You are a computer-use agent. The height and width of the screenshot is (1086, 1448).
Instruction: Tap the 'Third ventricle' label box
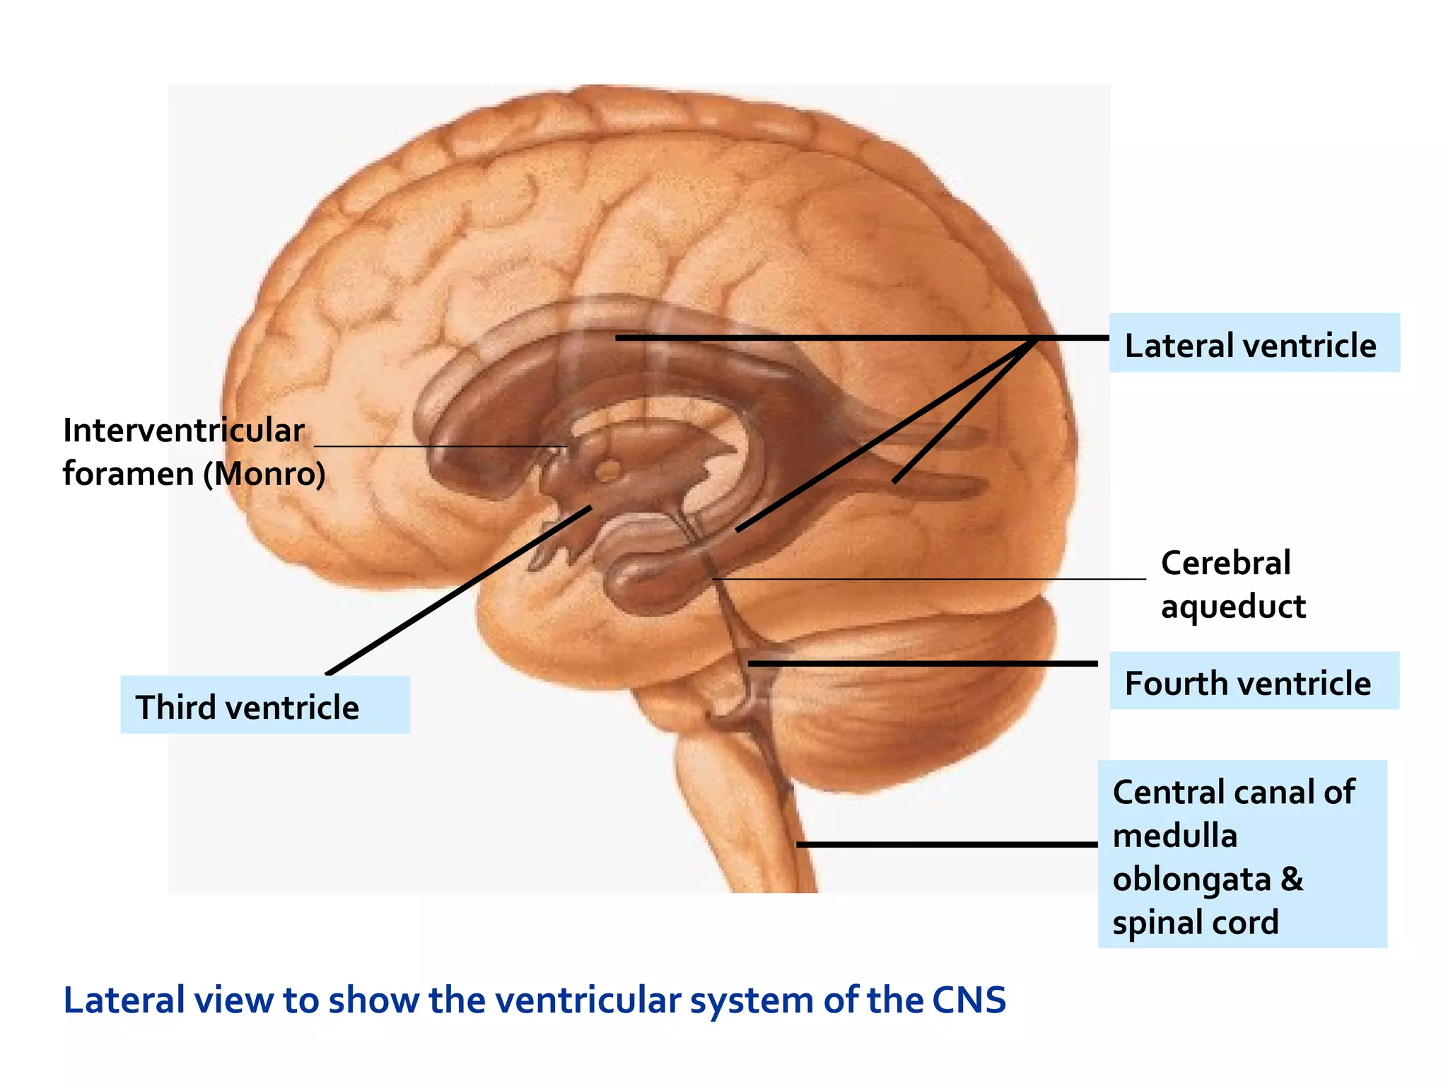tap(264, 705)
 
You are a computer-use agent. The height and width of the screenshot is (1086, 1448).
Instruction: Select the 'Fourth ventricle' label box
tap(1254, 681)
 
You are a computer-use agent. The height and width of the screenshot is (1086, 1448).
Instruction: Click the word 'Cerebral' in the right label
tap(1225, 564)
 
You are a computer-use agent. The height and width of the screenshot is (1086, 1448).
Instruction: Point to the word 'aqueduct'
tap(1233, 607)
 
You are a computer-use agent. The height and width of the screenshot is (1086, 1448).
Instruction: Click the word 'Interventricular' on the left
tap(184, 431)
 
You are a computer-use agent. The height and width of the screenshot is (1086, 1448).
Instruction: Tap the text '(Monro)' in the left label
tap(264, 474)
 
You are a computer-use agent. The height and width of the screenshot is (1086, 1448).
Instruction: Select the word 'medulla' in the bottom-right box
tap(1175, 836)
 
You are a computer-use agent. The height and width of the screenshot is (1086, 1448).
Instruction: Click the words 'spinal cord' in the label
tap(1196, 923)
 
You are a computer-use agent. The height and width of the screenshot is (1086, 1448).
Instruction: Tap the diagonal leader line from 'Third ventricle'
tap(460, 590)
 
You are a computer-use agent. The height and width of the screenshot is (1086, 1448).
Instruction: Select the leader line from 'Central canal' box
tap(947, 844)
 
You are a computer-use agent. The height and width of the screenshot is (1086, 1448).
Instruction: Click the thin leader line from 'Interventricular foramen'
tap(438, 447)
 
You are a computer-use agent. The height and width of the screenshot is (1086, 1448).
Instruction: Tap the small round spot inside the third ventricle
tap(609, 469)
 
